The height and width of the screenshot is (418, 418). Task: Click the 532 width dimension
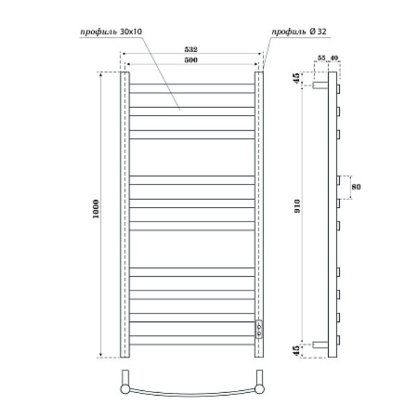192,49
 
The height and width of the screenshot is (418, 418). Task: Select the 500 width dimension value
192,61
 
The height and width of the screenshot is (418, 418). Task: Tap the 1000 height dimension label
96,212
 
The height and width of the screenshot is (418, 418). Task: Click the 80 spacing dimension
357,187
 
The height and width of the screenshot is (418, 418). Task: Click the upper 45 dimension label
298,78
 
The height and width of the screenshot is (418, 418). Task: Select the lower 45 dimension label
298,350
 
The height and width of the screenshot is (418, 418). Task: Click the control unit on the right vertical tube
259,329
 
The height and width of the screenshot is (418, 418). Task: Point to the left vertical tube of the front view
124,209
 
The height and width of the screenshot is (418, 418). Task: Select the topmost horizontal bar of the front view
192,87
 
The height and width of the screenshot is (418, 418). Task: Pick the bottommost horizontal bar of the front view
192,343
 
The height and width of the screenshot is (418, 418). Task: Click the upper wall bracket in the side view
320,86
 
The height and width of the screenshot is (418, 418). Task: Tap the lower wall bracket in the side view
320,343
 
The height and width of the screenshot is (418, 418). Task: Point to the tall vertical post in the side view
332,216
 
